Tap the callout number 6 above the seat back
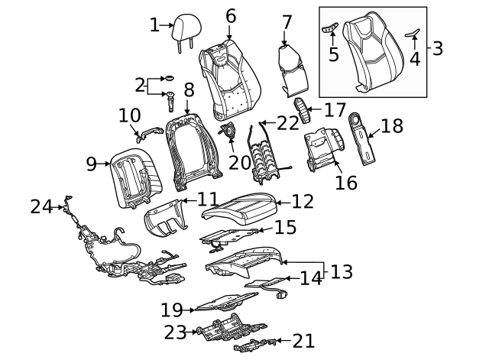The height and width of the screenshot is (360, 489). (x=230, y=16)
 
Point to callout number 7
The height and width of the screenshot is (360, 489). (x=287, y=22)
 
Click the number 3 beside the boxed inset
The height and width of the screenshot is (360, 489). (x=437, y=49)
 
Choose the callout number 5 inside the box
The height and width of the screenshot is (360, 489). (x=333, y=54)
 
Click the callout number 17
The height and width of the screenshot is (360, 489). (x=335, y=109)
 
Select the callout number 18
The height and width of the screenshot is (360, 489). (x=391, y=125)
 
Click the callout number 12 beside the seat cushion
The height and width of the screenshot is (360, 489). (x=303, y=202)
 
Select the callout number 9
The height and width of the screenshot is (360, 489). (x=91, y=163)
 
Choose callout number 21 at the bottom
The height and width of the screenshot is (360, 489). (x=303, y=342)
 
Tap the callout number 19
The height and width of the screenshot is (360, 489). (x=173, y=310)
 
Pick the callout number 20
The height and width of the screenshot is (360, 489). (x=239, y=162)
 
